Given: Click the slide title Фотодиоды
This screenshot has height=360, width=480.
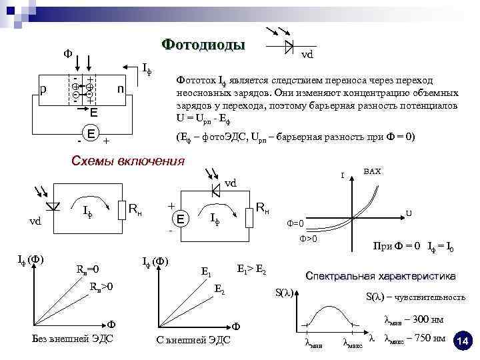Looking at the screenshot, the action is point(203,45).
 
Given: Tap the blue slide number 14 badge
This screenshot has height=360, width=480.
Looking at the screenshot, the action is point(463,341).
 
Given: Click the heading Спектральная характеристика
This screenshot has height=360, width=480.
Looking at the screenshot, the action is point(380,275).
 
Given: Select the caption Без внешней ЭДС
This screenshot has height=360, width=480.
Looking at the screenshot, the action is point(73,339).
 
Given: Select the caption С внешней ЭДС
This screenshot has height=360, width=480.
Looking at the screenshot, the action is point(193,339).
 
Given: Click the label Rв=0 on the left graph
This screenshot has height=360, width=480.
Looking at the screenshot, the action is point(87,270).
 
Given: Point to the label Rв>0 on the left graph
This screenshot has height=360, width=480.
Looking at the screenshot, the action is point(101,287).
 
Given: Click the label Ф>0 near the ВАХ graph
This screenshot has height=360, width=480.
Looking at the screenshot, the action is point(307,238).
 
